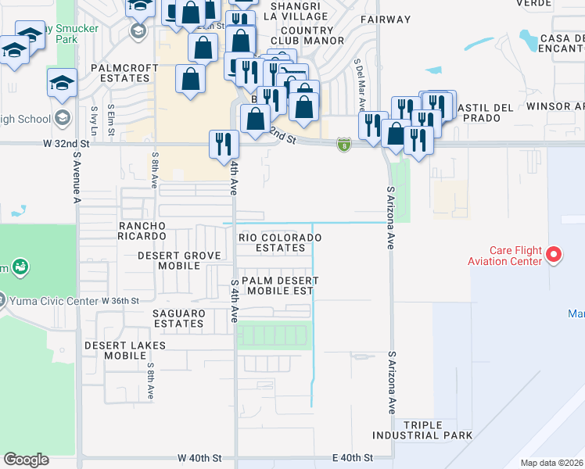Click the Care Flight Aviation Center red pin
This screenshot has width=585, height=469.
554,254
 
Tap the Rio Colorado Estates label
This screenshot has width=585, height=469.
282,242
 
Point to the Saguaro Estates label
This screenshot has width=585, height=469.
179,318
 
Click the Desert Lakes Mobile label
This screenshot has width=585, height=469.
115,349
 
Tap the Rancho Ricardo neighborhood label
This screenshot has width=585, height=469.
142,231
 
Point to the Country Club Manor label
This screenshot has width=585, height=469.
307,34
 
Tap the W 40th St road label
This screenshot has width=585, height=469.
200,457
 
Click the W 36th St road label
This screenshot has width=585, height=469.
120,300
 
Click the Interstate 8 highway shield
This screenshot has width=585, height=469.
343,145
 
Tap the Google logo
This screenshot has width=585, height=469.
26,460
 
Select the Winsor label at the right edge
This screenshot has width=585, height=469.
554,106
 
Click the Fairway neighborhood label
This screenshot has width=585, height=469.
386,20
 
